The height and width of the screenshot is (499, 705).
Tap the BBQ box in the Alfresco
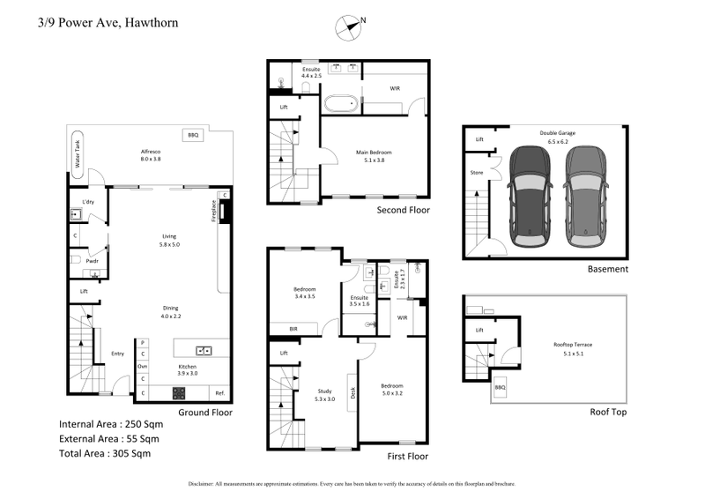coord(192,135)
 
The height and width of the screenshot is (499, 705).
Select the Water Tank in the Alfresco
coord(78,158)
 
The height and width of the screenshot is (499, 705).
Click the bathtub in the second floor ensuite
coord(341,104)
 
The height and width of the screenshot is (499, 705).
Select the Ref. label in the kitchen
coord(219,392)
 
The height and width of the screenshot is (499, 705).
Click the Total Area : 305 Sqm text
coord(105,454)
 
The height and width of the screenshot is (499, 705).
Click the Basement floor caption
coord(608,269)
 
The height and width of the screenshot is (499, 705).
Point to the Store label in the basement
coord(477,172)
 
